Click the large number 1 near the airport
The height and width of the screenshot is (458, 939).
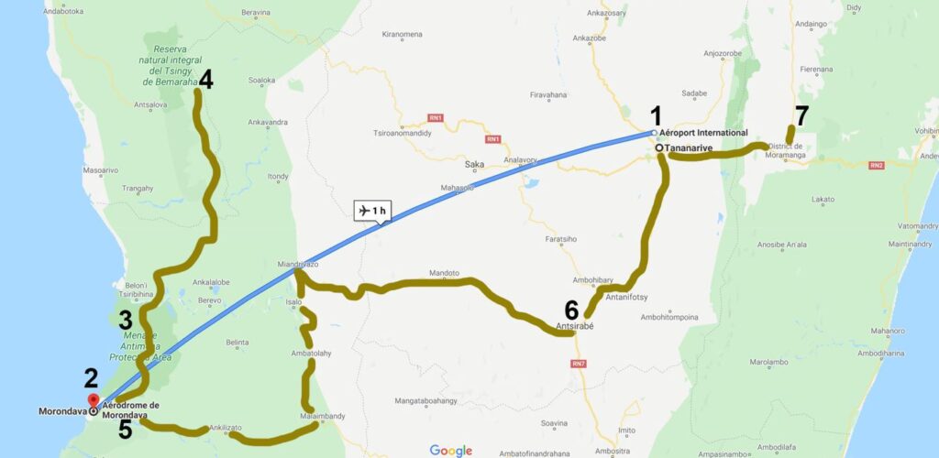tap(656, 115)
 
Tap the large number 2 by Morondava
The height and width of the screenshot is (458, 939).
tap(91, 377)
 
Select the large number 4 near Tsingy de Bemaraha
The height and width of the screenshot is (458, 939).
tap(205, 80)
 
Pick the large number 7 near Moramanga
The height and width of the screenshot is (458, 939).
tap(801, 115)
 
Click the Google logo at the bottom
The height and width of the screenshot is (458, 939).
tap(450, 450)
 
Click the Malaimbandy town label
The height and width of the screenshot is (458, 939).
tap(322, 416)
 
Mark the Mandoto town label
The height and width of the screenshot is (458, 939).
tap(444, 273)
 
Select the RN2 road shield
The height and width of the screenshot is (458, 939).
tap(877, 166)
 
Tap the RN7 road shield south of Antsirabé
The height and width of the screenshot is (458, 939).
tap(578, 365)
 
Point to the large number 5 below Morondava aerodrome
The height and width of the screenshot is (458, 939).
tap(126, 429)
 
